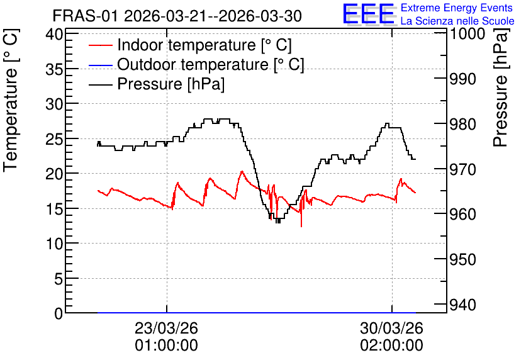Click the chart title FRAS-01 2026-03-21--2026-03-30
point(177,16)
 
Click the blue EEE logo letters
point(369,14)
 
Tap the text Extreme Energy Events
point(457,8)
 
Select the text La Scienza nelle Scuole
point(457,21)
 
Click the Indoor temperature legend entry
point(191,45)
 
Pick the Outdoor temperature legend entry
point(196,64)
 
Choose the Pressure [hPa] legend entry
point(157,84)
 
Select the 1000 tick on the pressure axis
point(467,33)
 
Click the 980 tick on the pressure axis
point(463,125)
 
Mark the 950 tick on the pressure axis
point(463,259)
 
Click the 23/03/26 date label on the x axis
point(166,328)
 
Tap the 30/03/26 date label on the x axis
point(392,328)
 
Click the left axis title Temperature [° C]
point(11,101)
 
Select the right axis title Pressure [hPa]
point(501,87)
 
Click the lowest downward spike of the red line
point(301,227)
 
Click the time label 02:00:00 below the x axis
point(392,346)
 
